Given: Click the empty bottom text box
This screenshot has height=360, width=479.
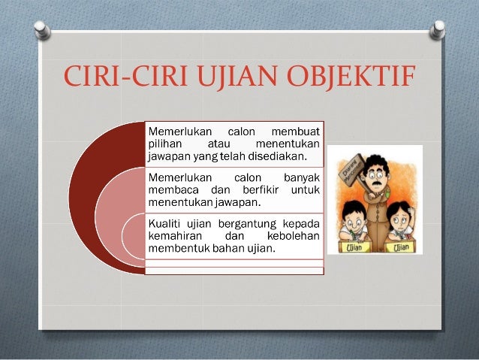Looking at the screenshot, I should coord(234,268).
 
